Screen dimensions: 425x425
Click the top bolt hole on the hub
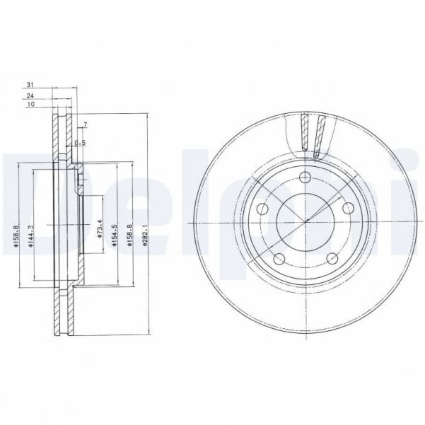[305, 178]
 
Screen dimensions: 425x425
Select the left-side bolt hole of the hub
[262, 209]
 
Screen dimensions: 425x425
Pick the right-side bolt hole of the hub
[349, 209]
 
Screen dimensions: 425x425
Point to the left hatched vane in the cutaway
[304, 134]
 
